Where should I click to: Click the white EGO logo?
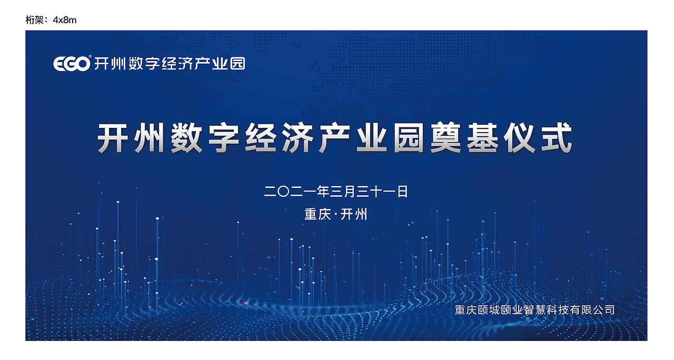point(72,64)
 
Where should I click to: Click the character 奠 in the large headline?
point(447,138)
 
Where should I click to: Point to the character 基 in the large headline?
point(483,138)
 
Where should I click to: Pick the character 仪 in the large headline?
point(520,138)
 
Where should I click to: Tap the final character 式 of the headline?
point(557,138)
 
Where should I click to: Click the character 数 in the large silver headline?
point(188,138)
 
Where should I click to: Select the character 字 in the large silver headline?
point(225,138)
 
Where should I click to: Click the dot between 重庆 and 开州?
point(335,215)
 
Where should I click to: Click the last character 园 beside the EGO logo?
point(238,64)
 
